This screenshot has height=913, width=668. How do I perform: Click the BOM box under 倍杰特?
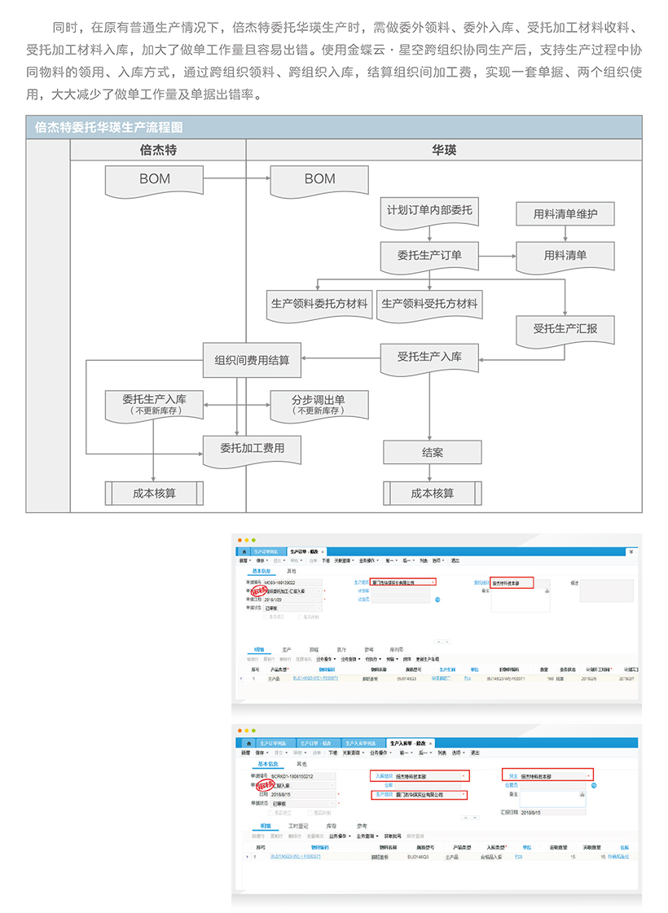pos(154,180)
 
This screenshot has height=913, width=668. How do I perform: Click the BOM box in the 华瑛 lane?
pos(319,180)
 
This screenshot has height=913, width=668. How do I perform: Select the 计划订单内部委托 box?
pos(429,211)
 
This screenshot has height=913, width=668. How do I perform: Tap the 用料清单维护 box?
pos(565,214)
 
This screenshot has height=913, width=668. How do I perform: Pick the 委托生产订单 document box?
pos(429,256)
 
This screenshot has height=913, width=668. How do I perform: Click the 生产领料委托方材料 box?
pos(319,304)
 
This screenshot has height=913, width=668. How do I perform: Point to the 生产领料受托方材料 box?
pos(429,304)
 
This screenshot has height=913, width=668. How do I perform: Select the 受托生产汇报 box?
pos(565,330)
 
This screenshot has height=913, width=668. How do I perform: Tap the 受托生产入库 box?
pos(429,358)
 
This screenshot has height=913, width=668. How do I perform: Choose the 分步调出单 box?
pos(319,404)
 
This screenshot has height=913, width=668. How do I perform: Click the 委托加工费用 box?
pos(252,449)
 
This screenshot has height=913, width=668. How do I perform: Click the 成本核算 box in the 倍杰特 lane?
pos(154,493)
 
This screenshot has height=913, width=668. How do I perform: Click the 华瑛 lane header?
pos(444,150)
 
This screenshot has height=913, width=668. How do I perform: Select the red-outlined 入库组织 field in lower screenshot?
pos(420,776)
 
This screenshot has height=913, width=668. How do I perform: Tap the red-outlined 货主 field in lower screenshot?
pos(547,776)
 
